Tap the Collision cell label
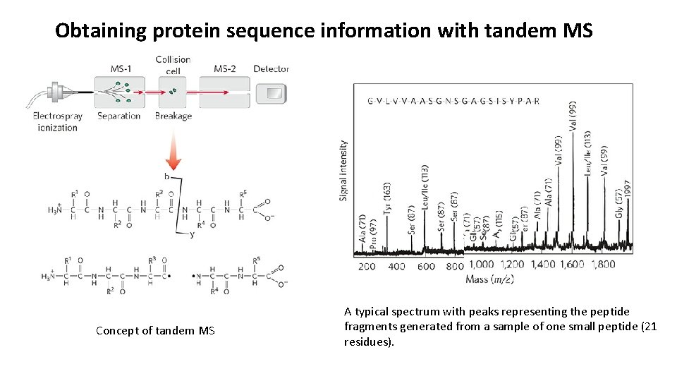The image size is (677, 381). (172, 64)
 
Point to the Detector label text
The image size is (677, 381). (271, 68)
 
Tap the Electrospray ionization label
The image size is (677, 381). (58, 121)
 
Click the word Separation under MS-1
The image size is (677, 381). (118, 116)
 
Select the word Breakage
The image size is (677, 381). (173, 116)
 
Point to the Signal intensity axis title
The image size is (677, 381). (343, 170)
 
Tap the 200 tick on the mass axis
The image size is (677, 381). (367, 266)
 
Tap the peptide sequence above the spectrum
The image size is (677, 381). (453, 101)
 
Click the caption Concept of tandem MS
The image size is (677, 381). (155, 331)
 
